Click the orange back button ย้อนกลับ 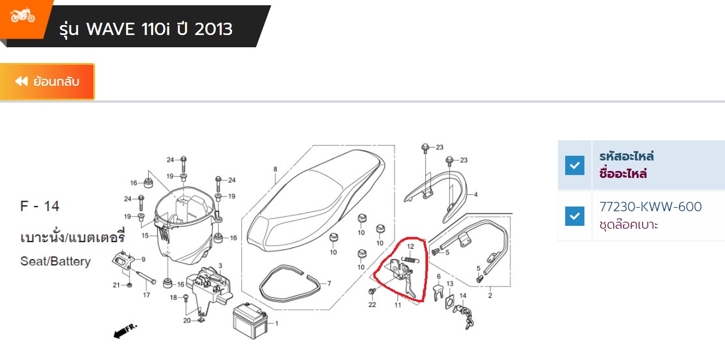[47, 82]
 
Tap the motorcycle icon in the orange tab [22, 15]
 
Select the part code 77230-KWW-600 [650, 207]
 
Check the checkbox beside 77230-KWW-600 [575, 216]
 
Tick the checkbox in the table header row [575, 165]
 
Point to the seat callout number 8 [275, 169]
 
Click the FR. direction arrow [125, 331]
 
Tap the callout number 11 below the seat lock [398, 305]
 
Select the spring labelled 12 [410, 260]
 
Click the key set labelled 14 [464, 316]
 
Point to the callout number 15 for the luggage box [145, 235]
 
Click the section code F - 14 [40, 206]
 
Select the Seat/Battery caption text [55, 261]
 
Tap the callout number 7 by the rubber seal [329, 284]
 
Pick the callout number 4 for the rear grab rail [476, 194]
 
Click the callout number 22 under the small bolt [372, 305]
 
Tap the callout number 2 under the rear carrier [490, 296]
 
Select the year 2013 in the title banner [213, 29]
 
